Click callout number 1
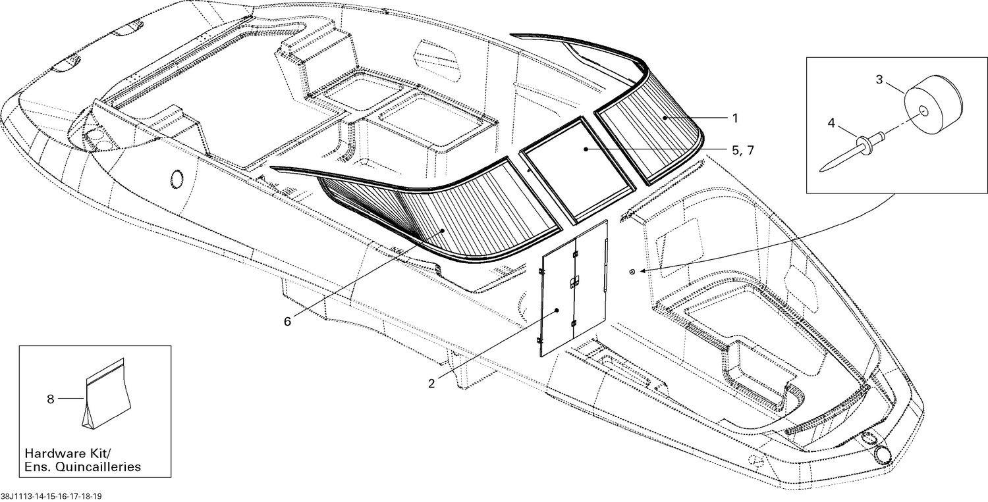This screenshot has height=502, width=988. tap(735, 118)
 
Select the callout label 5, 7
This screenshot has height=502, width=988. tap(743, 150)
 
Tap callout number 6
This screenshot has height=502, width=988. tap(288, 322)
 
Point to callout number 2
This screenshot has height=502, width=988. tap(431, 384)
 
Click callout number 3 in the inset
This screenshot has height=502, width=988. tap(879, 80)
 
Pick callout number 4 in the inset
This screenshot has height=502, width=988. tap(831, 123)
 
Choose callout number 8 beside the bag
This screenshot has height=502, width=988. tap(50, 399)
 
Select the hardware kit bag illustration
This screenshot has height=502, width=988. tap(107, 393)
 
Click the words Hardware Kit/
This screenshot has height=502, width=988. tap(68, 453)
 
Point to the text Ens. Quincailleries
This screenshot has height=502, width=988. tap(82, 466)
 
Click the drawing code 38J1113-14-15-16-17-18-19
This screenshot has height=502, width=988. tap(51, 496)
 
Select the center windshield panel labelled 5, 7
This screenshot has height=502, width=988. tap(578, 170)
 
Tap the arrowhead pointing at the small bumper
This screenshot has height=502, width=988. tap(642, 270)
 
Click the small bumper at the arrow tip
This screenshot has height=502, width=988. tap(632, 272)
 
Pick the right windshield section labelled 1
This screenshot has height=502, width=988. tap(648, 132)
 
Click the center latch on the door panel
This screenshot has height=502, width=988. tap(574, 283)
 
